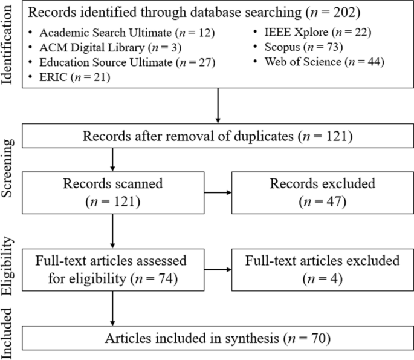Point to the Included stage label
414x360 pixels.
[9, 336]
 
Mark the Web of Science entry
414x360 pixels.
[320, 62]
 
